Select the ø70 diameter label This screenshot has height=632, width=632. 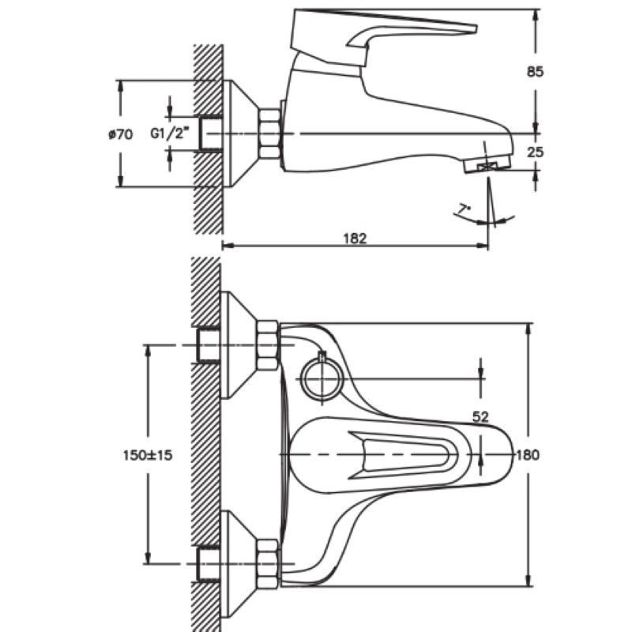coord(119,134)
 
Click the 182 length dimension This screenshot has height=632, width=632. coord(355,238)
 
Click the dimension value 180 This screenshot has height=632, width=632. coord(528,455)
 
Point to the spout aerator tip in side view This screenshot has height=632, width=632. coord(489,164)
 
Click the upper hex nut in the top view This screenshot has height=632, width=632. coord(268,344)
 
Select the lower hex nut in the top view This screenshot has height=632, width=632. coord(268,562)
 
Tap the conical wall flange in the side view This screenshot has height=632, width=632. coord(239,134)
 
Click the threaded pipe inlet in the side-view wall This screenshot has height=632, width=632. coord(209,134)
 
